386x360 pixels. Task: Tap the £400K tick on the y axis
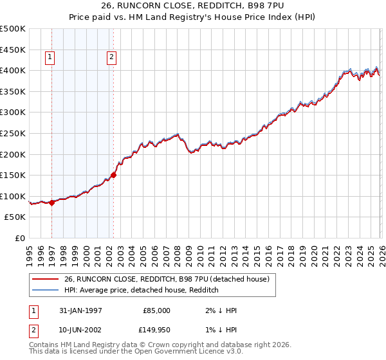click(x=13, y=70)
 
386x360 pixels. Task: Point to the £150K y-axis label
click(x=13, y=175)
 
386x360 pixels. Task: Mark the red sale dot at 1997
click(x=51, y=203)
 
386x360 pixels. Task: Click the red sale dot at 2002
click(x=113, y=174)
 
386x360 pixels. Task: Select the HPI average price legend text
click(x=141, y=290)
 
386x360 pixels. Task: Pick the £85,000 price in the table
click(x=156, y=310)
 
